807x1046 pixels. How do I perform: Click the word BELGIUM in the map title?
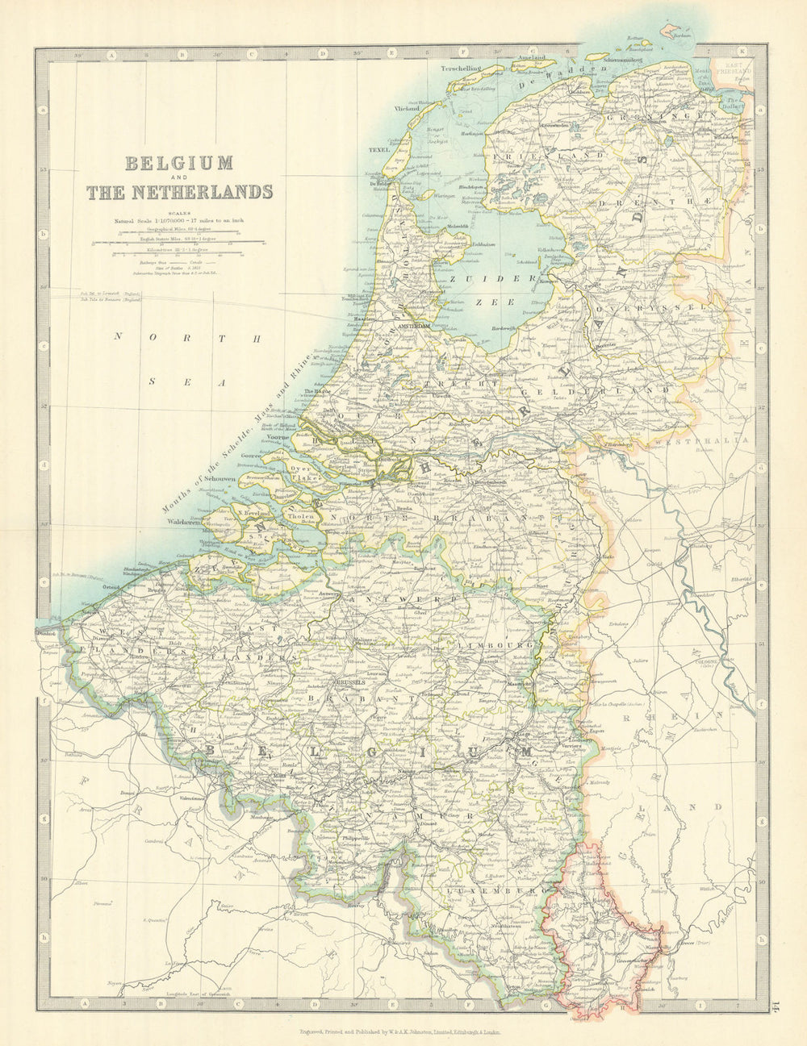tap(179, 163)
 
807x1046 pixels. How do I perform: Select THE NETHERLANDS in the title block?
tap(179, 192)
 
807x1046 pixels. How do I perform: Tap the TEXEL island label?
tap(378, 150)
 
